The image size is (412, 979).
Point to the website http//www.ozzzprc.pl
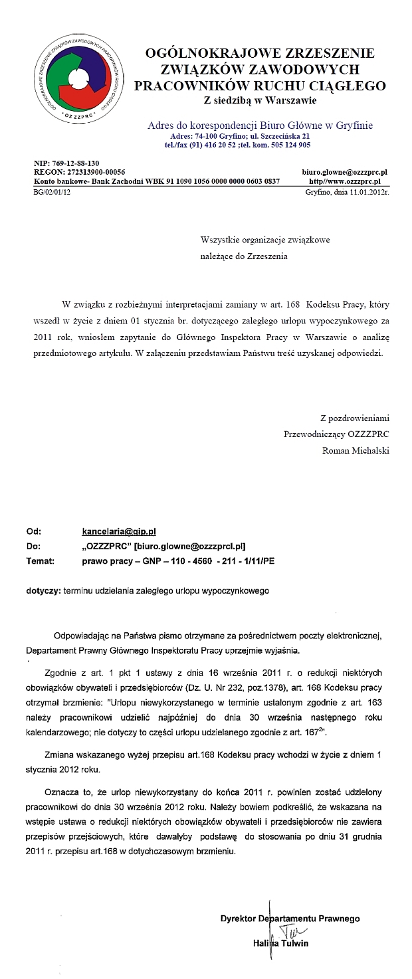point(345,181)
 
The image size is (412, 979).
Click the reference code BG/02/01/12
point(52,191)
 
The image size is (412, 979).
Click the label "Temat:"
point(40,561)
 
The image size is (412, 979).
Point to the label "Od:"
point(34,531)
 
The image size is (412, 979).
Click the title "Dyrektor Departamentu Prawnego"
point(290,919)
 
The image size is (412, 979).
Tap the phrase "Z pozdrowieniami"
point(354,418)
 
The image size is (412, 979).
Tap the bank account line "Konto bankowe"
point(156,181)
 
